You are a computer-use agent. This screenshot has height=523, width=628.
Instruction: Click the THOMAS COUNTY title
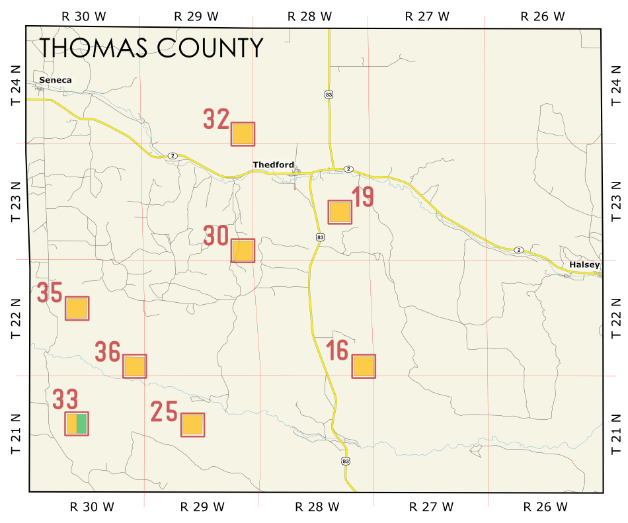click(x=151, y=48)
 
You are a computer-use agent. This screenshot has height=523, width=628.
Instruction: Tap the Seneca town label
click(x=55, y=80)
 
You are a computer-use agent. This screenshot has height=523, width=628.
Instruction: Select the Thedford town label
click(x=273, y=165)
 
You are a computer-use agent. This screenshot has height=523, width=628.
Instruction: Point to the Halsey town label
click(x=584, y=265)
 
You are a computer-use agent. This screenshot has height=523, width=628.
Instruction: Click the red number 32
click(x=216, y=120)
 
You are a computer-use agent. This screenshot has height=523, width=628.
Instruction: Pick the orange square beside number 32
click(x=243, y=134)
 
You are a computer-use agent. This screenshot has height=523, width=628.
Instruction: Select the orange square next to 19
click(x=340, y=212)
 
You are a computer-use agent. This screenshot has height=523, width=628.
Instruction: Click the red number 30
click(x=216, y=236)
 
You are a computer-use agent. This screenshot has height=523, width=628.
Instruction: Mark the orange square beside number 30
click(x=243, y=251)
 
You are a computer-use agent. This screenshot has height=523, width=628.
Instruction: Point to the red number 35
click(x=50, y=293)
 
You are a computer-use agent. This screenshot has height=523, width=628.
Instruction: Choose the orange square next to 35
click(x=77, y=308)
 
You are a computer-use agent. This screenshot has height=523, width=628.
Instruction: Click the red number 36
click(x=108, y=352)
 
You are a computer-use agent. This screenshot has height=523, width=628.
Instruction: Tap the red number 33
click(x=65, y=399)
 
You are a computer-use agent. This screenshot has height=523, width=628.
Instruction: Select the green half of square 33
click(x=82, y=423)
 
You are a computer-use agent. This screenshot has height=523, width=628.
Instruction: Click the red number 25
click(x=164, y=412)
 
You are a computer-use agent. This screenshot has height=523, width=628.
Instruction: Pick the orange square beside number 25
click(x=192, y=424)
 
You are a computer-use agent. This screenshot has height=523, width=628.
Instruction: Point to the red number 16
click(x=337, y=350)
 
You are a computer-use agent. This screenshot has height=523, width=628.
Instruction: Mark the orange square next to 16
click(x=364, y=366)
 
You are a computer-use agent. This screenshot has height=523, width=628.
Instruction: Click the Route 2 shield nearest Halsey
click(x=519, y=249)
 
